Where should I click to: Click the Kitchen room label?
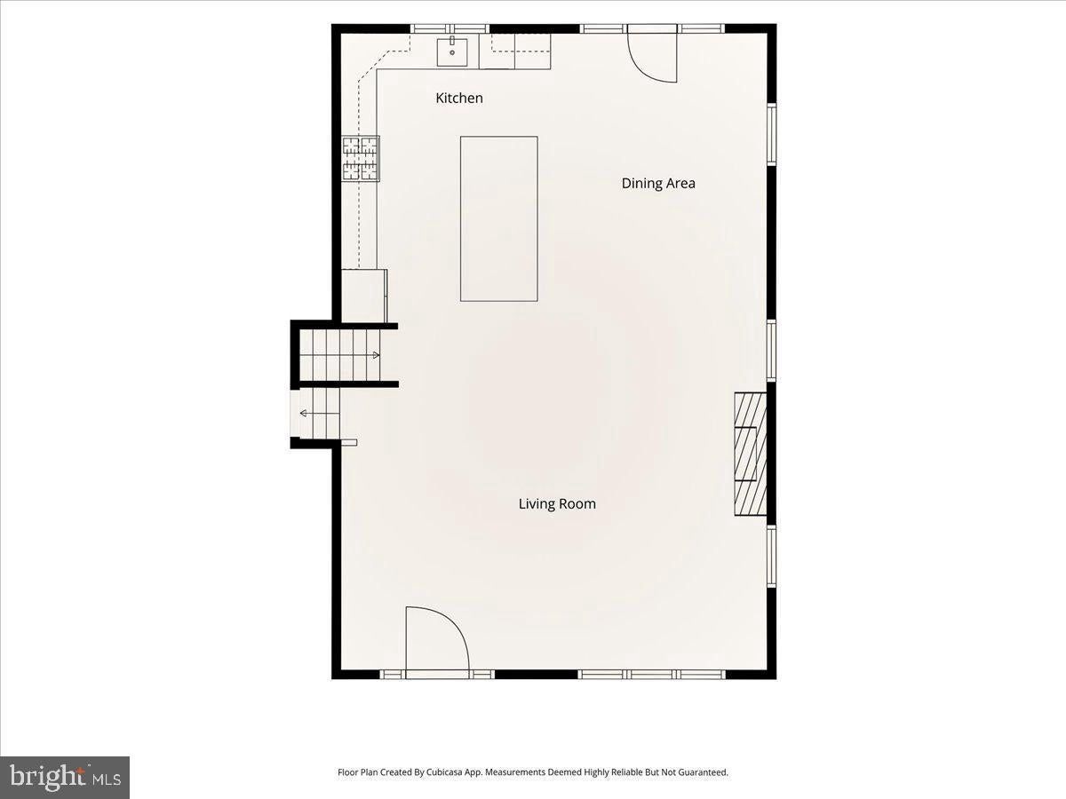pos(459,98)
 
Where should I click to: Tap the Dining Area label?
pos(658,184)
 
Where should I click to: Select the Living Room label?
pos(557,503)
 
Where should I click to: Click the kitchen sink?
pos(452,52)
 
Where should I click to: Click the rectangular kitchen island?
pos(498,218)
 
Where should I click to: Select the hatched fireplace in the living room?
pos(751,454)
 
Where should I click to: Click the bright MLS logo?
pos(65,779)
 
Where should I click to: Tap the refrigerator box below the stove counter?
pos(365,296)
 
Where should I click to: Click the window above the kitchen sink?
pos(450,28)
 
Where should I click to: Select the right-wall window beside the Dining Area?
pos(772,133)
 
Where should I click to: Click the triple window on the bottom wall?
pos(652,675)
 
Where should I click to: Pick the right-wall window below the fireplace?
pos(772,556)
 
